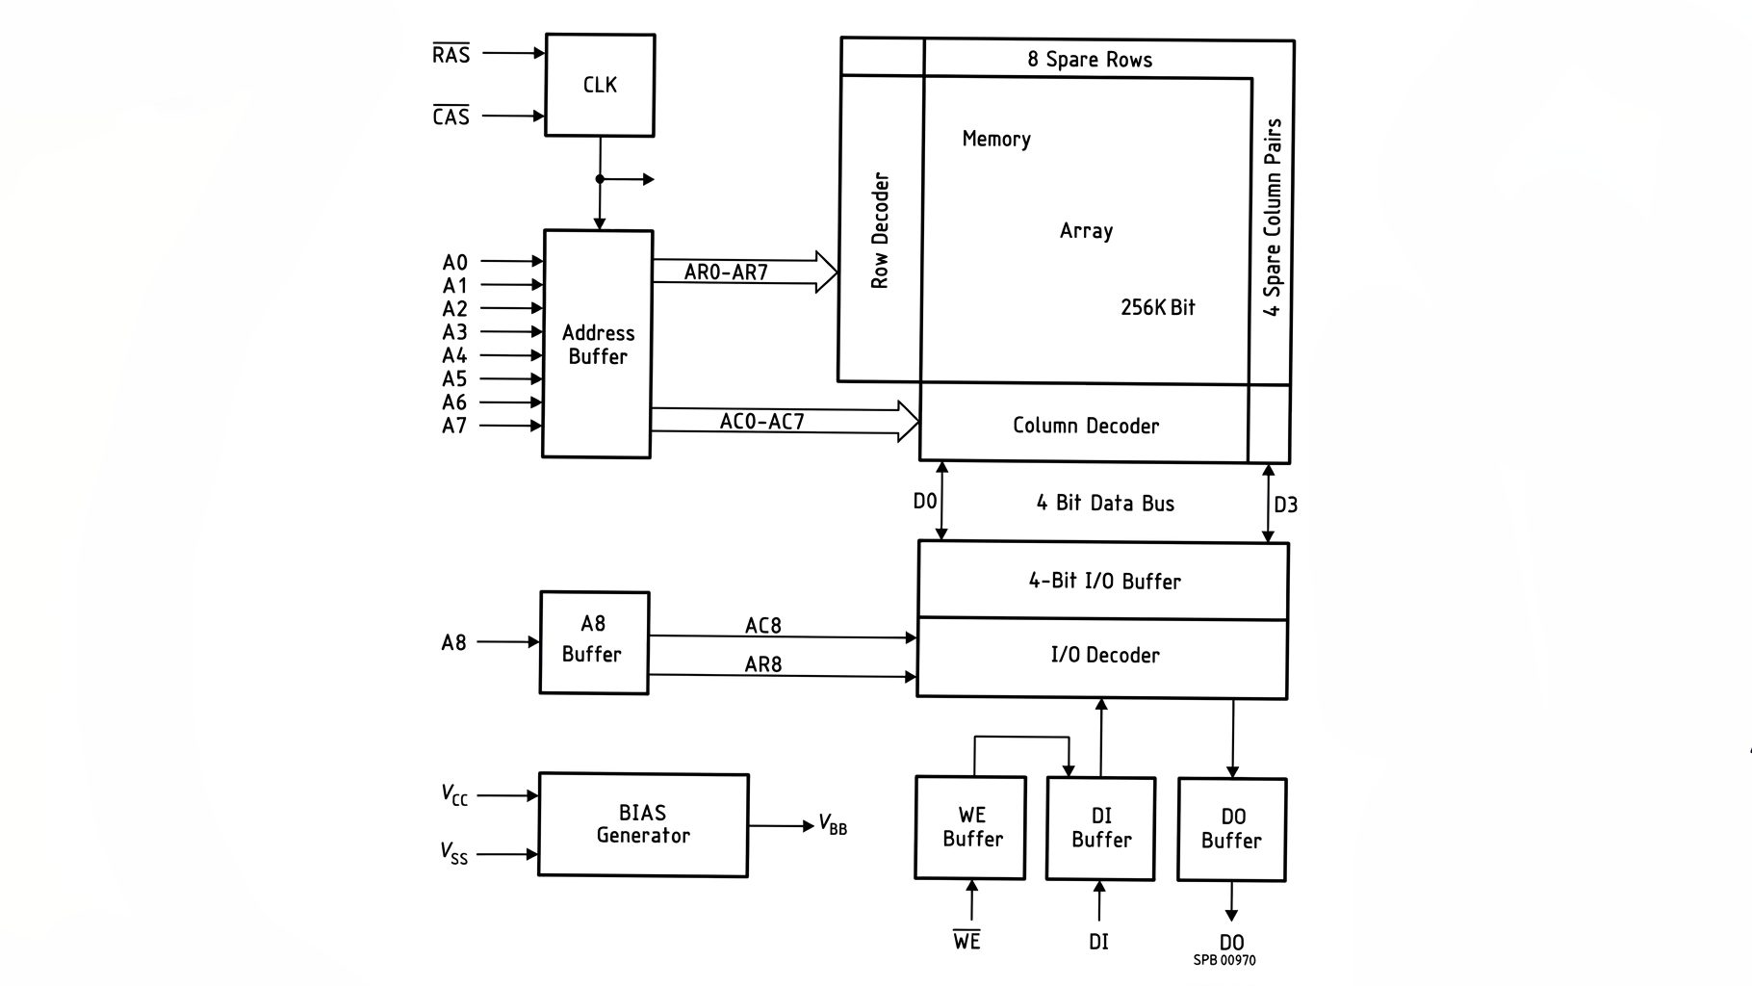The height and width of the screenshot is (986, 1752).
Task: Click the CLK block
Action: [600, 85]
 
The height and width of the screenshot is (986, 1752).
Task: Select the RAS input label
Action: [451, 54]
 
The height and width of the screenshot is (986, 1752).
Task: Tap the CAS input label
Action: [451, 116]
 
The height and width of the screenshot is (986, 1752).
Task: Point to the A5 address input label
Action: [454, 379]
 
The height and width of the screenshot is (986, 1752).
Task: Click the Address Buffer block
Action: [598, 344]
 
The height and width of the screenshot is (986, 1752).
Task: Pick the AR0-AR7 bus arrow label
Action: [726, 272]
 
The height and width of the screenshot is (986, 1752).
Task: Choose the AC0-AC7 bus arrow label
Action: [761, 422]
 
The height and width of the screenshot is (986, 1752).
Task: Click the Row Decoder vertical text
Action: [880, 230]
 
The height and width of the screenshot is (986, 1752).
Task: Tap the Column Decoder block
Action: [1085, 424]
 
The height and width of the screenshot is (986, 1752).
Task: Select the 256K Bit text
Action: [1157, 307]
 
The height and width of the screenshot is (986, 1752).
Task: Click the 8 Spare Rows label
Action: [1090, 60]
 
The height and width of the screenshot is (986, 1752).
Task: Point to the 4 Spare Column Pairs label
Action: [1273, 218]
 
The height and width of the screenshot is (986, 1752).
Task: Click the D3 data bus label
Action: [1285, 505]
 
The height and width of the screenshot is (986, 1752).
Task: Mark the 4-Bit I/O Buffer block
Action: [1103, 581]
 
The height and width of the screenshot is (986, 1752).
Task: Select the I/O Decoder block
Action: [1103, 657]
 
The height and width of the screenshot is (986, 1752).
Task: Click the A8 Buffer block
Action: [594, 642]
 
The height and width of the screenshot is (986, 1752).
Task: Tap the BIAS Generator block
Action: [643, 824]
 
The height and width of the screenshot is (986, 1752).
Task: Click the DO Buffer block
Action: [1232, 829]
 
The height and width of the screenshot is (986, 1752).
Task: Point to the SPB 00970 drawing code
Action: [1224, 960]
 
